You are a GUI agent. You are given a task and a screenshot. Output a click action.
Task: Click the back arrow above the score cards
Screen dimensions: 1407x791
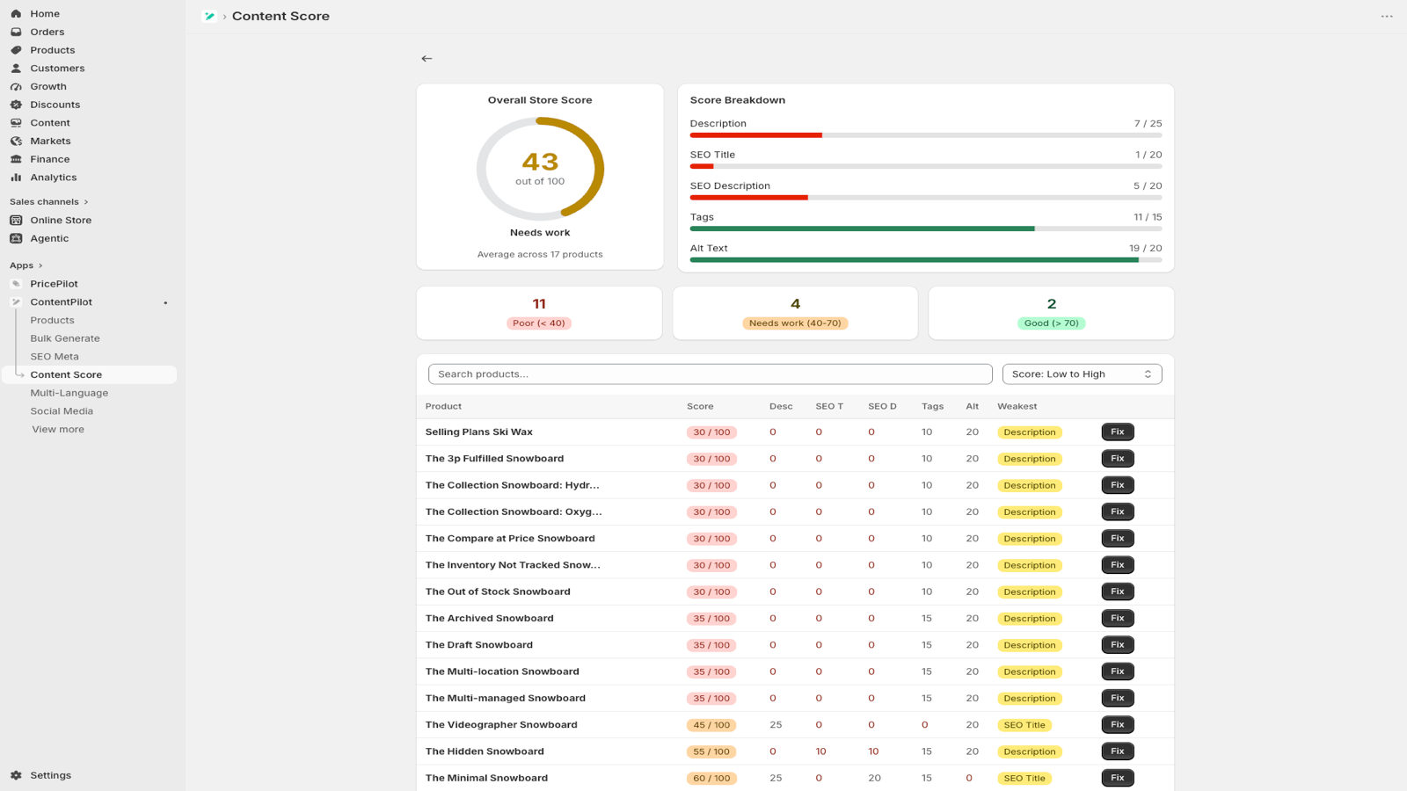click(x=426, y=58)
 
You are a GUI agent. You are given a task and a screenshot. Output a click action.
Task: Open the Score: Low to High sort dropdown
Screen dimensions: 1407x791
click(x=1082, y=374)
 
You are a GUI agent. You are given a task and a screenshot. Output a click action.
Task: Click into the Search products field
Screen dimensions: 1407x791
click(x=710, y=374)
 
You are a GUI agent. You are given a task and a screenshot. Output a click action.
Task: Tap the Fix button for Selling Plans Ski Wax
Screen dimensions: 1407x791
click(x=1118, y=432)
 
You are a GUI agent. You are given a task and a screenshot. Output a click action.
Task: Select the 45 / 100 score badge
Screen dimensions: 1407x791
click(x=711, y=725)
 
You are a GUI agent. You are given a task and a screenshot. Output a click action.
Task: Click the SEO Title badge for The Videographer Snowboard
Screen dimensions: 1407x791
click(x=1024, y=725)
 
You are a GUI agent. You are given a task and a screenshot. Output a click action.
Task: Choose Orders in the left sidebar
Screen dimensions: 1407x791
click(x=47, y=32)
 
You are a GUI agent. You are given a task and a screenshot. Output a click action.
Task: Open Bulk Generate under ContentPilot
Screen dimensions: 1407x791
click(x=65, y=338)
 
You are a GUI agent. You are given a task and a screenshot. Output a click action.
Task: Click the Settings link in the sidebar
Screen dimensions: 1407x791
click(x=50, y=775)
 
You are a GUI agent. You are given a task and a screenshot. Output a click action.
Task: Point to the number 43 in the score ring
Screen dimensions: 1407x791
click(x=540, y=162)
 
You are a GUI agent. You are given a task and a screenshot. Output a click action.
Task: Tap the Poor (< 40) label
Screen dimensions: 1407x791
click(x=539, y=323)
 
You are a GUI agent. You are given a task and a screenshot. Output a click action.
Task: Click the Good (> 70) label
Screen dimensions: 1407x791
click(x=1052, y=323)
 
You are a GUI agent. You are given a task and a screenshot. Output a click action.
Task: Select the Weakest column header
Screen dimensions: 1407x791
click(x=1017, y=406)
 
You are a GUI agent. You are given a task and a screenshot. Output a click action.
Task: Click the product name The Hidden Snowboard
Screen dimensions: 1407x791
click(x=485, y=751)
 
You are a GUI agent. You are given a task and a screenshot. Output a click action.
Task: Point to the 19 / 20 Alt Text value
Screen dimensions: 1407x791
click(x=1145, y=248)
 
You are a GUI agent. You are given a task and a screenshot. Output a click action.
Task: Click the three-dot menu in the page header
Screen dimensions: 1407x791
click(x=1387, y=17)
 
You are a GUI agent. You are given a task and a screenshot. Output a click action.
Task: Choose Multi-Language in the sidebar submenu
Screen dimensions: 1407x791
click(x=69, y=393)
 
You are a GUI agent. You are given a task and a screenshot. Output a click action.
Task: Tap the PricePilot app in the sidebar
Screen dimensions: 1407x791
click(x=54, y=284)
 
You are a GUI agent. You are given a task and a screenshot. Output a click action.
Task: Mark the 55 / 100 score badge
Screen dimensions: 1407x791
click(x=711, y=751)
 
